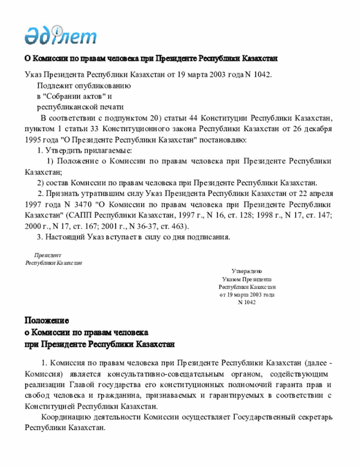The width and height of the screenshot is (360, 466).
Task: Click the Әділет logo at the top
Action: (60, 35)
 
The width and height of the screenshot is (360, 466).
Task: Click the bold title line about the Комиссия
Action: (151, 59)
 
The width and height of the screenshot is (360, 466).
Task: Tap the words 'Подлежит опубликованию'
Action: (84, 86)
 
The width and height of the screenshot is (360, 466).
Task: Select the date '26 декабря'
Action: (309, 129)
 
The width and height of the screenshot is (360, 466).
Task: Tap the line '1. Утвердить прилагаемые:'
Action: (84, 151)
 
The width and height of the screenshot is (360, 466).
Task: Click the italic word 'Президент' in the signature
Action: (48, 255)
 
